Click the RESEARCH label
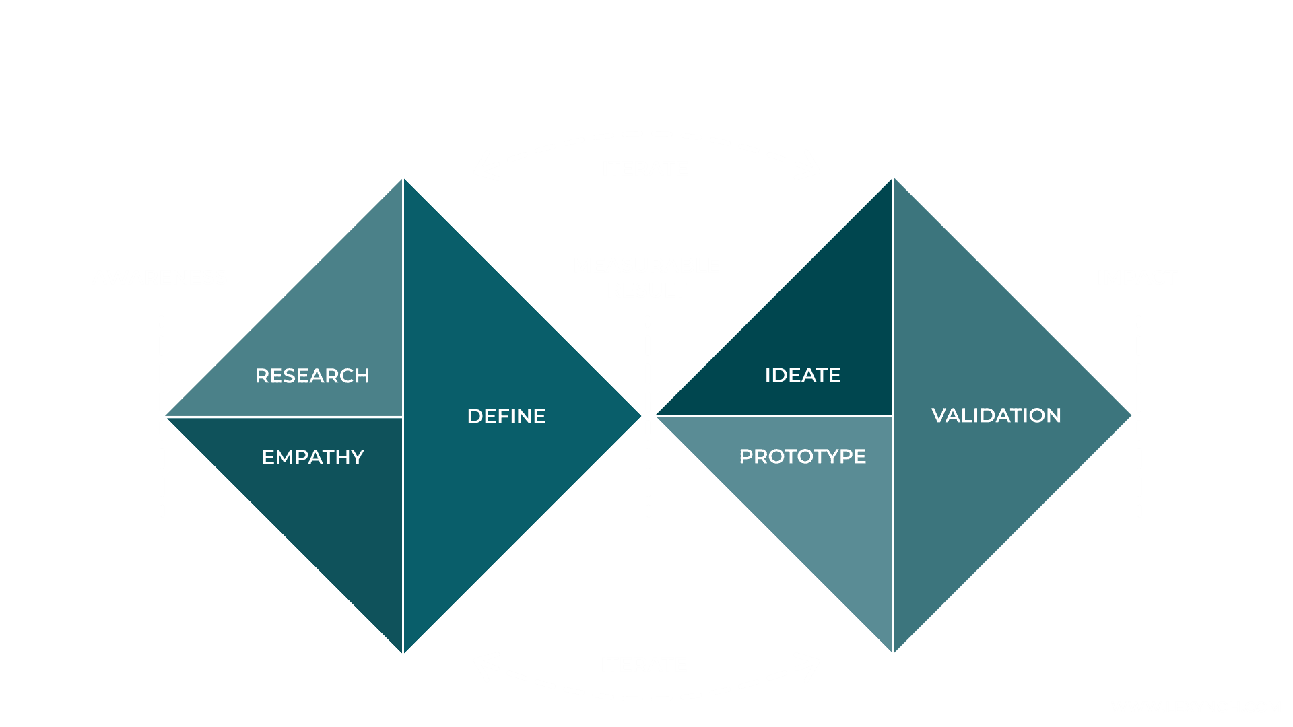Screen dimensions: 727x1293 (312, 376)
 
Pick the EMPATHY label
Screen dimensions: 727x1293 (313, 457)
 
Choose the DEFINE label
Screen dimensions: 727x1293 (506, 416)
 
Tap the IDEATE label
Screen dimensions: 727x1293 (803, 375)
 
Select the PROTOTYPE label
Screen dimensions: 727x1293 (803, 456)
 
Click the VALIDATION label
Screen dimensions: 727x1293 (996, 415)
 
